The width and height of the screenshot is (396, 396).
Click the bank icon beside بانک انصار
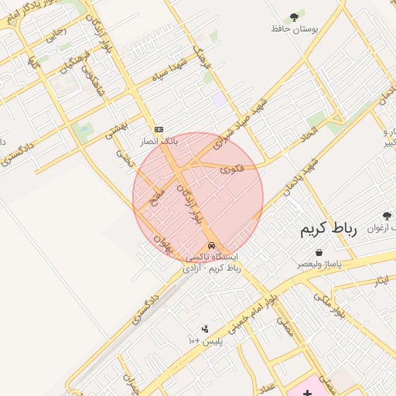coord(159,129)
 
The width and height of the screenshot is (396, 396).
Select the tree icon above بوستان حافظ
coord(294,16)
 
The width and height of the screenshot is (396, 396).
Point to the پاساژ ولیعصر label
coord(320,264)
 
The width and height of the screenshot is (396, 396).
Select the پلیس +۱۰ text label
coord(205,340)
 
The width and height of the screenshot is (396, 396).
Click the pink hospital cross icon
coord(308,385)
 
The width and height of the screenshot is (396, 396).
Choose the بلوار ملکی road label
coord(330,306)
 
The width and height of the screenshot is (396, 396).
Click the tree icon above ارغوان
coord(387,216)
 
